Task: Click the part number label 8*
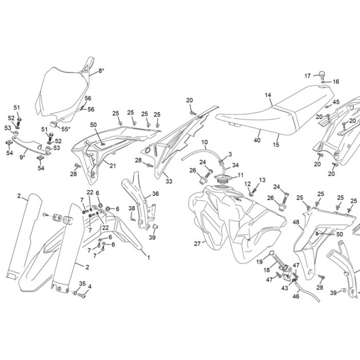pyautogui.click(x=101, y=71)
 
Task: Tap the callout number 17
pyautogui.click(x=307, y=76)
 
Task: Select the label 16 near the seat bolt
pyautogui.click(x=335, y=82)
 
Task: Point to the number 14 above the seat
pyautogui.click(x=268, y=95)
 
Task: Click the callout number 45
pyautogui.click(x=336, y=102)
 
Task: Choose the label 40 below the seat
pyautogui.click(x=257, y=140)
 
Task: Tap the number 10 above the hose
pyautogui.click(x=205, y=142)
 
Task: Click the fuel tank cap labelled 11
pyautogui.click(x=222, y=178)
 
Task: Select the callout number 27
pyautogui.click(x=197, y=243)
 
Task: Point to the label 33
pyautogui.click(x=169, y=181)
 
